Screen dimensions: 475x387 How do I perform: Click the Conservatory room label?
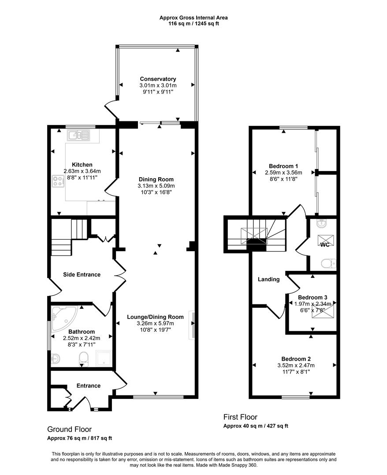click(x=158, y=79)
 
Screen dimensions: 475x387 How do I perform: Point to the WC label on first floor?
click(x=325, y=245)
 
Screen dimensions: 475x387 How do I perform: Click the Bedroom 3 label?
click(x=313, y=297)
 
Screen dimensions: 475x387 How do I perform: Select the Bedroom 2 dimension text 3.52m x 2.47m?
click(x=296, y=365)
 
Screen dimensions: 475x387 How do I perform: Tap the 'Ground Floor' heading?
click(x=69, y=429)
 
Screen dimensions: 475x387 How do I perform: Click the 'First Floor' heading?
click(x=240, y=417)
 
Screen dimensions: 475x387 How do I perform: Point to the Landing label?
click(x=268, y=279)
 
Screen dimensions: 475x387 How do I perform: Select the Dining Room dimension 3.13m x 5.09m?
click(x=156, y=186)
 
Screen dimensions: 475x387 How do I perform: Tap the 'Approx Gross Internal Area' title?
click(x=193, y=18)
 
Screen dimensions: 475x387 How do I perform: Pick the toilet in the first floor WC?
click(x=328, y=264)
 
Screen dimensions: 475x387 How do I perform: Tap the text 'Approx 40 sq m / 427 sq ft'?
click(x=256, y=426)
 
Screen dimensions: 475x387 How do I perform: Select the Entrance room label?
click(x=89, y=386)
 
